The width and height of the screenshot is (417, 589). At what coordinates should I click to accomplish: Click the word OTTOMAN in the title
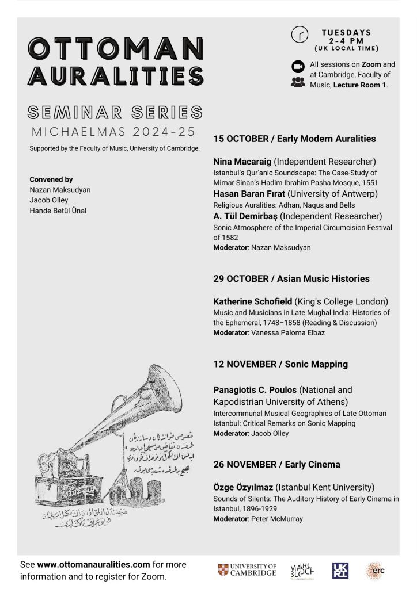click(116, 48)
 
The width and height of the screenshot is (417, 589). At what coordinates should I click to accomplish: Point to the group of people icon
click(298, 82)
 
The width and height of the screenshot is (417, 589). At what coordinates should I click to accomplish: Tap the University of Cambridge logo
click(247, 571)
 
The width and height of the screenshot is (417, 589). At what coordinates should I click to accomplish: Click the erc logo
click(376, 570)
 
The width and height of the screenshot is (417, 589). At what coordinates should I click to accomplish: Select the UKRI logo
click(340, 570)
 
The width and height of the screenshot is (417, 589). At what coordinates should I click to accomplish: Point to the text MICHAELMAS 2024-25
click(113, 131)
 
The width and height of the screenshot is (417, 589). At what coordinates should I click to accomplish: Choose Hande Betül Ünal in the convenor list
click(58, 211)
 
